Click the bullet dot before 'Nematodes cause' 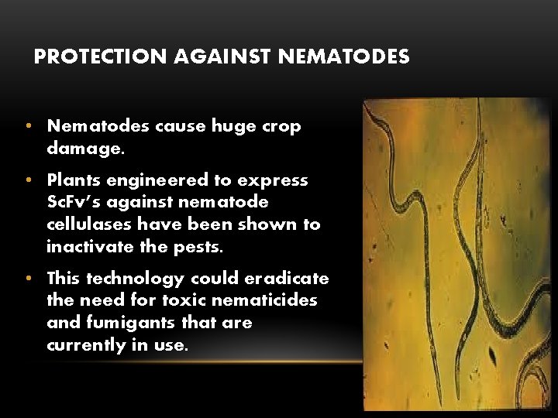coord(28,125)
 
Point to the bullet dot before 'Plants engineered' coord(28,180)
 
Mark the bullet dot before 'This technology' coord(28,278)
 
